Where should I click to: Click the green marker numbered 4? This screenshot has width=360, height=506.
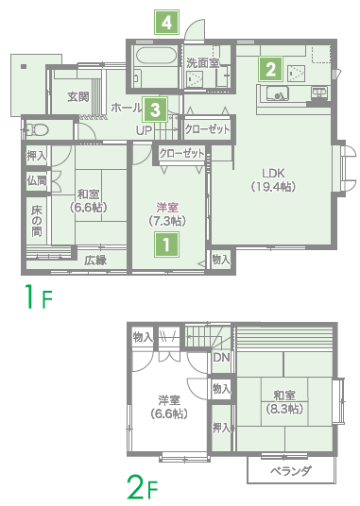(166, 23)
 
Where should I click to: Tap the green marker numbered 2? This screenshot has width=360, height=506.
(270, 69)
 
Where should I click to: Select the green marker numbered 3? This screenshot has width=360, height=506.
(155, 110)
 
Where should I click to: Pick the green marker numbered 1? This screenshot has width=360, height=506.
(166, 245)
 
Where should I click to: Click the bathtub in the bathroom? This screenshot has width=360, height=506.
(156, 56)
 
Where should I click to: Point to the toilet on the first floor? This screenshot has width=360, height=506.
(36, 130)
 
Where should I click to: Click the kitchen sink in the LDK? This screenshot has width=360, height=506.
(278, 93)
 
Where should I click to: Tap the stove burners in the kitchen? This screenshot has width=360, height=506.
(319, 93)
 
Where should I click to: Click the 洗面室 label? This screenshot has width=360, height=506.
(203, 62)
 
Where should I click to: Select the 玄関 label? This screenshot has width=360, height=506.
(78, 96)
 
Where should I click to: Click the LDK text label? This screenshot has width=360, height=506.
(273, 174)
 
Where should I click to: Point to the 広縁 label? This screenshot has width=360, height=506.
(95, 261)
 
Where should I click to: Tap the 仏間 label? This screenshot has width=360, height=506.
(37, 180)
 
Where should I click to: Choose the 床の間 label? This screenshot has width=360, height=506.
(37, 221)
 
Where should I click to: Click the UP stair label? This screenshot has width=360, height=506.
(144, 130)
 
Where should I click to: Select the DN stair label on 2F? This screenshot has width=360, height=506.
(221, 358)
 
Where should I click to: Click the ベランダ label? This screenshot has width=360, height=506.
(291, 471)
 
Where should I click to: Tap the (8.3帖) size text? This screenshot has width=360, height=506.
(284, 409)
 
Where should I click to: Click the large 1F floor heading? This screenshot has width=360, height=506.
(39, 296)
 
